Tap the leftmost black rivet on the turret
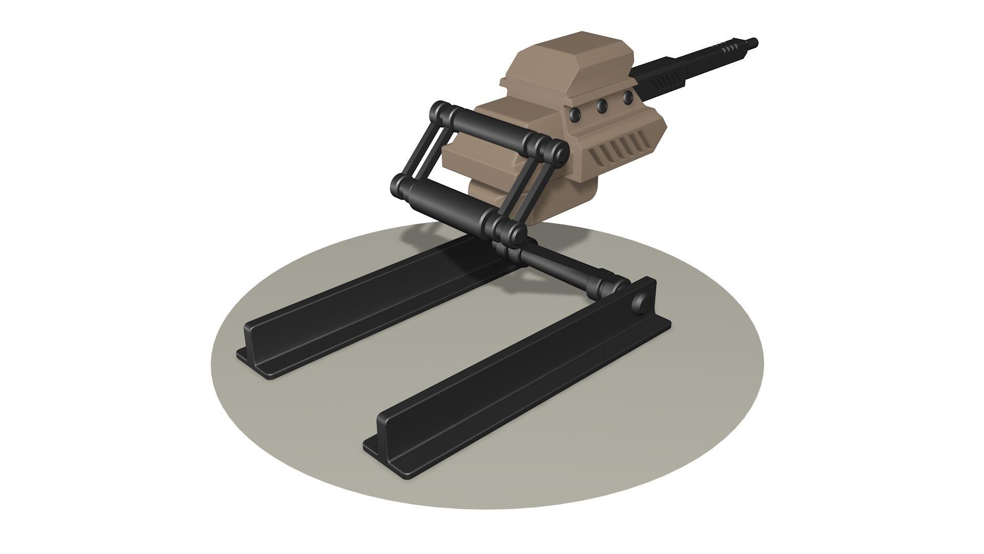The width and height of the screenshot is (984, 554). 577,115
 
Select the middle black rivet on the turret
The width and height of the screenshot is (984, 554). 602,106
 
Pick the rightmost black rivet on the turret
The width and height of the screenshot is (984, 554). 627,97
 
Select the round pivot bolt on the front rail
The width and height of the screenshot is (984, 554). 640,303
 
